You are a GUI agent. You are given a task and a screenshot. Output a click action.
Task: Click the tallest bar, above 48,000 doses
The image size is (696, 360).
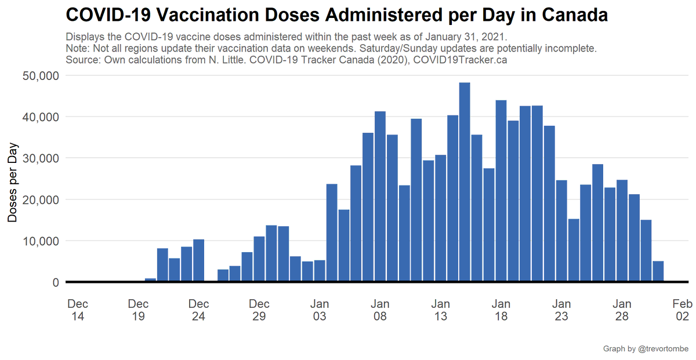[465, 183]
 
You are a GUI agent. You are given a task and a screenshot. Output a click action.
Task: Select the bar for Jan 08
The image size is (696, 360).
[380, 197]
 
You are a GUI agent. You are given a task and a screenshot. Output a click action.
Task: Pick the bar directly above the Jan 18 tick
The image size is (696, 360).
[501, 191]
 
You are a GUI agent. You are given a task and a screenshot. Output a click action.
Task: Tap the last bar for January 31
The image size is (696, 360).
[658, 272]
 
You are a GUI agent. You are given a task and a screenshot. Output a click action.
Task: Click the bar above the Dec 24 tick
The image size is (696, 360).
[198, 261]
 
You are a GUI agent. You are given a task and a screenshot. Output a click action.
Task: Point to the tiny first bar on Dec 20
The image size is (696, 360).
[150, 281]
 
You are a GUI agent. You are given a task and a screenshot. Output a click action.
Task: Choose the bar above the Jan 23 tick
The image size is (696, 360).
[561, 232]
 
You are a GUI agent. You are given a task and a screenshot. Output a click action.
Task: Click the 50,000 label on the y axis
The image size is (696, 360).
[40, 76]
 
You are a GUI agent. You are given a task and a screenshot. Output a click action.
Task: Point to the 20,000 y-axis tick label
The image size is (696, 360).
[40, 200]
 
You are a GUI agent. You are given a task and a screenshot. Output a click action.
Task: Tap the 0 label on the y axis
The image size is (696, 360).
[56, 282]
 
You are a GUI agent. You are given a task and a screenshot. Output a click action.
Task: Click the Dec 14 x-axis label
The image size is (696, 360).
[78, 310]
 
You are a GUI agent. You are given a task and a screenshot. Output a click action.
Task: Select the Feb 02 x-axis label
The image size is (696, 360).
[682, 310]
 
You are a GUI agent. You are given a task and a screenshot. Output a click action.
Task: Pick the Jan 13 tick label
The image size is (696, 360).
[441, 310]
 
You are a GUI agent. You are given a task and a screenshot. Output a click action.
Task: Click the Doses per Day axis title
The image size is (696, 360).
[13, 182]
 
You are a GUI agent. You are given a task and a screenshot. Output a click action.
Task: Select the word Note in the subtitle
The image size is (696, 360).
[77, 48]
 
